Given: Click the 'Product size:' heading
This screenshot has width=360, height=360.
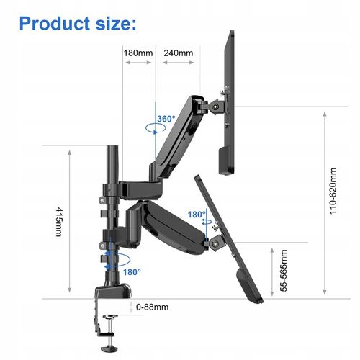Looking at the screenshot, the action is pyautogui.click(x=78, y=24).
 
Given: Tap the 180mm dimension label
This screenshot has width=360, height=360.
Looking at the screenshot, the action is pyautogui.click(x=138, y=53).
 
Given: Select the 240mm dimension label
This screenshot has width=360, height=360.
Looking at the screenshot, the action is pyautogui.click(x=179, y=53).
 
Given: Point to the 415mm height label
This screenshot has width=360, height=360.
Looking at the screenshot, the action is pyautogui.click(x=59, y=222).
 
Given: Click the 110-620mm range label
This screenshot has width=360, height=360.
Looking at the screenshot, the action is pyautogui.click(x=333, y=191).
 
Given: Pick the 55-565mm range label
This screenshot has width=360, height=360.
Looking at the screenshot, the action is pyautogui.click(x=284, y=271).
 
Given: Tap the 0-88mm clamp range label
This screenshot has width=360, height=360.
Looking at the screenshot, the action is pyautogui.click(x=152, y=307).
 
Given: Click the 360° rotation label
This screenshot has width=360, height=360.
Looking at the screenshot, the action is pyautogui.click(x=166, y=119).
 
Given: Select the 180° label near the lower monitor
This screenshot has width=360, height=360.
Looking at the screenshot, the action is pyautogui.click(x=197, y=215).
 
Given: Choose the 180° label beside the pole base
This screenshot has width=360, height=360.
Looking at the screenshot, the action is pyautogui.click(x=132, y=272).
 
